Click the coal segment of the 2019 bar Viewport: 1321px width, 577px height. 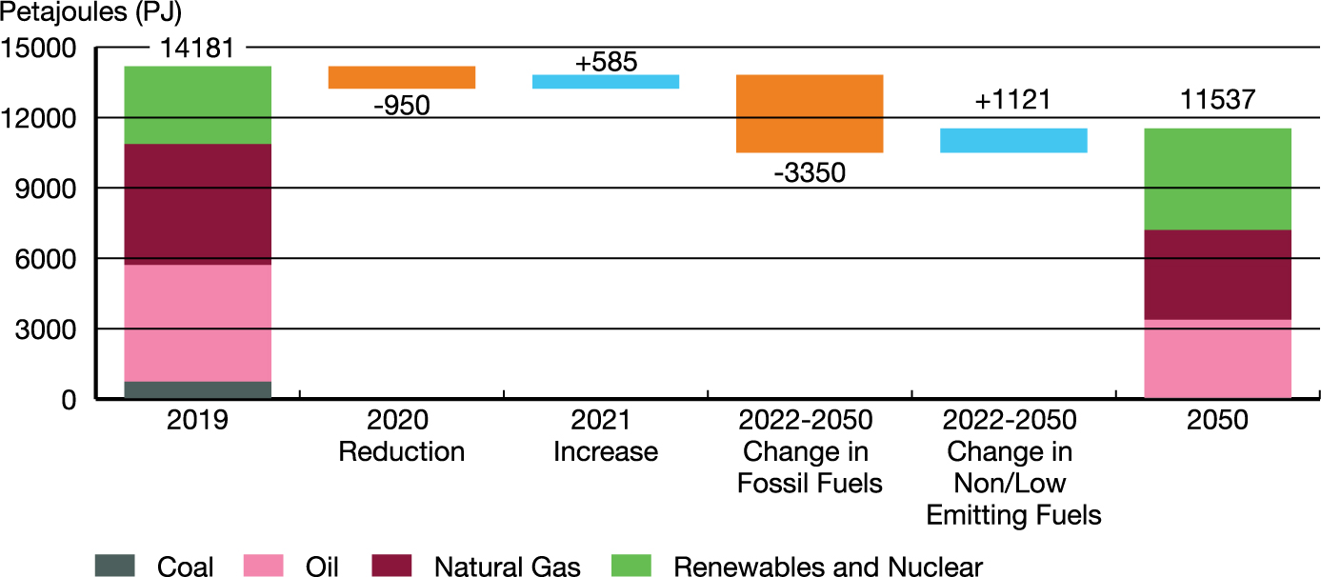[x=198, y=389]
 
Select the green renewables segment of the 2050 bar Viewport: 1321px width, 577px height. [x=1217, y=179]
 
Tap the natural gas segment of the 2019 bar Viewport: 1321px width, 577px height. [x=198, y=204]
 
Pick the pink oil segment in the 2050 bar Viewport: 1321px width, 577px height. [x=1217, y=359]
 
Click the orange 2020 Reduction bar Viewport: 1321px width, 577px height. [x=401, y=77]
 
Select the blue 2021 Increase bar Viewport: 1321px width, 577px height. [x=606, y=82]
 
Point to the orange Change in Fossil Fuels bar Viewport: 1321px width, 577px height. [x=810, y=113]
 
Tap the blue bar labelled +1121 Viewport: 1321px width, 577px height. [x=1013, y=140]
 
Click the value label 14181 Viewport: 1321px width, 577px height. [x=198, y=48]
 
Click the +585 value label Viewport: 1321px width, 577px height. [x=606, y=62]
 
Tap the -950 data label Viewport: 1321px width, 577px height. [x=401, y=106]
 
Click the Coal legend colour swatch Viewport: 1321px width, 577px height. [x=115, y=566]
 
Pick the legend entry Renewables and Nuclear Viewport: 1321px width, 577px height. [x=828, y=567]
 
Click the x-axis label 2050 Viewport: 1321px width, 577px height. [x=1217, y=421]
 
